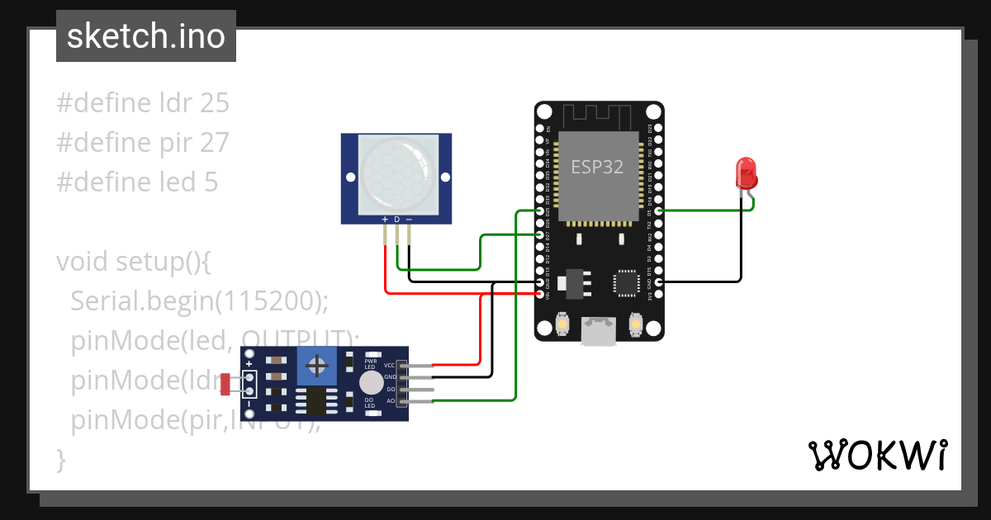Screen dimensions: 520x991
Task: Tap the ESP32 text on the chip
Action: (598, 166)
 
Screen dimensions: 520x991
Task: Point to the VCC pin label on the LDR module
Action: (391, 365)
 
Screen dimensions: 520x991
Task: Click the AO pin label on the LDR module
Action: (391, 401)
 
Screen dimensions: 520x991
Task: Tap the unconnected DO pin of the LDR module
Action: (417, 389)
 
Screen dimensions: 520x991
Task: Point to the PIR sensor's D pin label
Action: (396, 220)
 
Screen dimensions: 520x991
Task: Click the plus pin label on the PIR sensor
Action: (385, 220)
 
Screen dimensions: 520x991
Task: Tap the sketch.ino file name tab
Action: (146, 36)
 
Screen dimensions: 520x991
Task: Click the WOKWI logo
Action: (877, 455)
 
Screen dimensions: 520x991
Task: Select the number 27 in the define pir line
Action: (214, 143)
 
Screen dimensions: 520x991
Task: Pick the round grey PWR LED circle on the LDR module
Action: (371, 382)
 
